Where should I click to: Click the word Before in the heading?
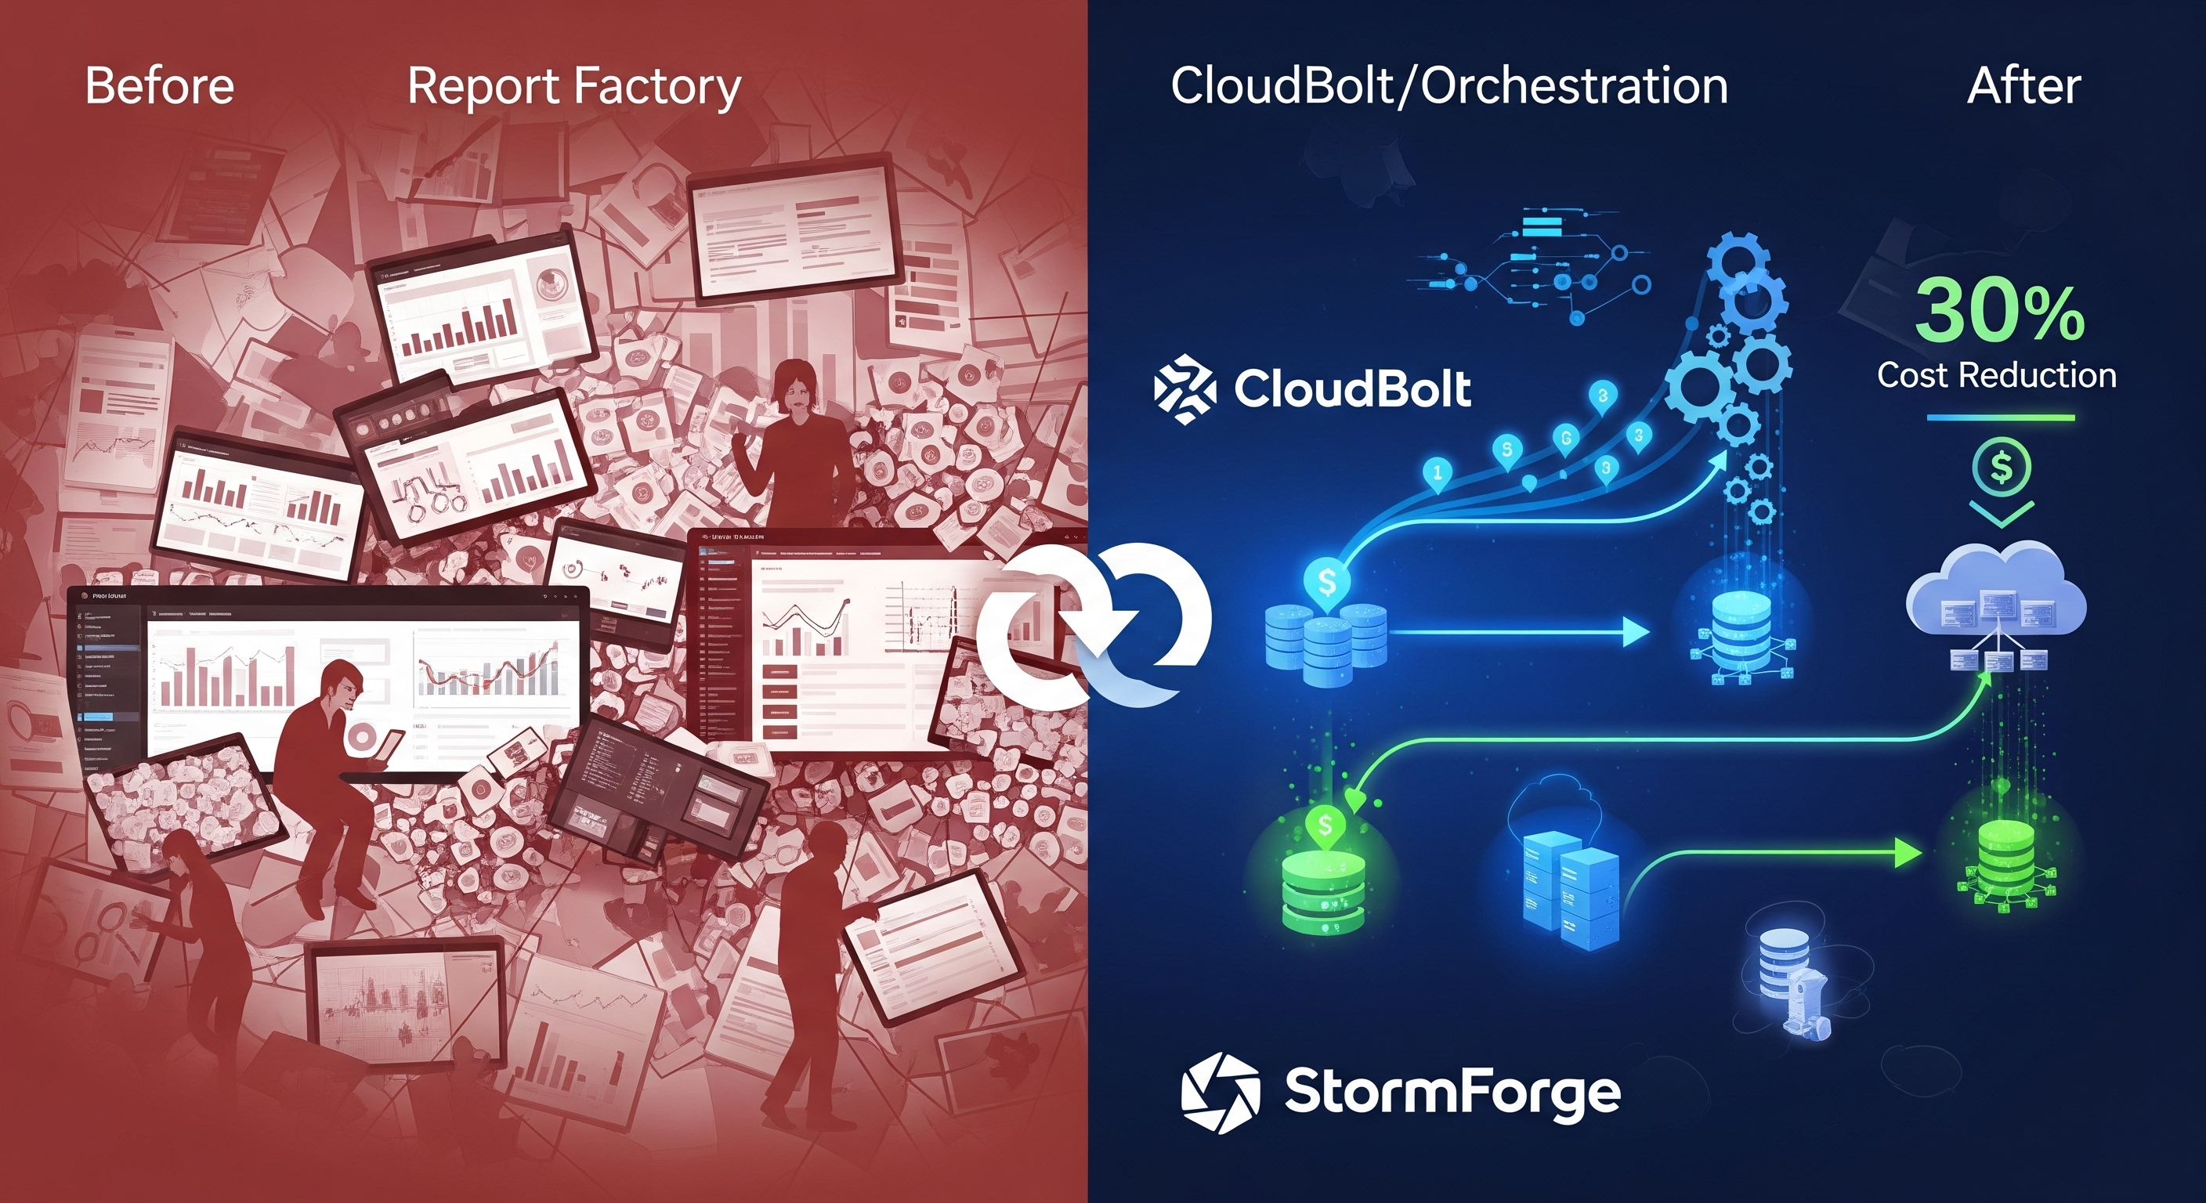pos(159,86)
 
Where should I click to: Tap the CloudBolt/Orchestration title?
pos(1449,86)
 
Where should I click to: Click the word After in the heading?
pos(2023,86)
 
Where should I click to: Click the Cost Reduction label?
pos(1996,375)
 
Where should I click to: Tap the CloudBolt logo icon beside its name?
pos(1184,389)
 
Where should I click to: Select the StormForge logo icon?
pos(1221,1093)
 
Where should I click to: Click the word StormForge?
pos(1452,1093)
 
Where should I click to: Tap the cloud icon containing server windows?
pos(1995,599)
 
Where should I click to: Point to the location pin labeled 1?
pos(1437,472)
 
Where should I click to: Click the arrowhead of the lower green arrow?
pos(1908,853)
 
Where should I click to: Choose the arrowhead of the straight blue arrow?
pos(1636,633)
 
